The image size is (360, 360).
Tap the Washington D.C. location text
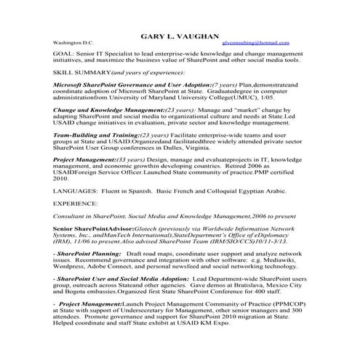pyautogui.click(x=73, y=44)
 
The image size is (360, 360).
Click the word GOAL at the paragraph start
pyautogui.click(x=63, y=53)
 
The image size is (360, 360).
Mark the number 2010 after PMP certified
pyautogui.click(x=62, y=177)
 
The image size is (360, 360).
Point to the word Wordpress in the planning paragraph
pyautogui.click(x=71, y=265)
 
